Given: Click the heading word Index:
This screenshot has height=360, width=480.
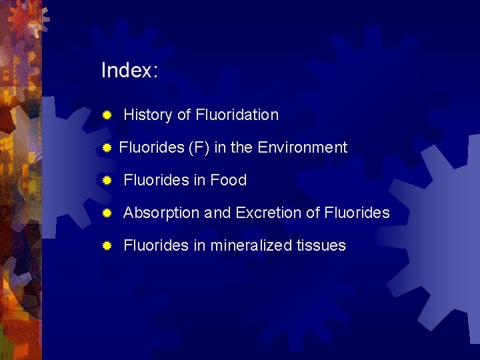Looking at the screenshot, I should point(129,71).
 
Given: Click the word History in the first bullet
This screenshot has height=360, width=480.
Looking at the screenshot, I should point(148,115).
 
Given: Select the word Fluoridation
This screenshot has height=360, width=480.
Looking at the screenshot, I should point(237,115).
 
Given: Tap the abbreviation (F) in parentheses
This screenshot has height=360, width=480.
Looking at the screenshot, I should point(199,147).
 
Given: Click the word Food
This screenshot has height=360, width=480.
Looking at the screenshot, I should point(229,180).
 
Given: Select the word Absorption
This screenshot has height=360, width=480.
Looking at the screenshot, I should point(162,213).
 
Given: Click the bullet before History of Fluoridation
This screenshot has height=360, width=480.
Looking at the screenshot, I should point(106,115).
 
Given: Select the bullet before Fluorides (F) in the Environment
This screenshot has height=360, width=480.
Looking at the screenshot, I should point(106,148).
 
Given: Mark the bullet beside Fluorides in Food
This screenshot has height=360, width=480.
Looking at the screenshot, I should point(106,181).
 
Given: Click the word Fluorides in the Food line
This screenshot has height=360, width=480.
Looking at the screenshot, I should point(157,180).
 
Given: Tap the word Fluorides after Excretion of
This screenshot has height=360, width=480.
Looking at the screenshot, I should point(357,213).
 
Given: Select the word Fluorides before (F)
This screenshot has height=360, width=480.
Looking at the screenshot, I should point(151,147).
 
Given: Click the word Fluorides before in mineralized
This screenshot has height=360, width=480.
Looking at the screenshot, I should point(157,246).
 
